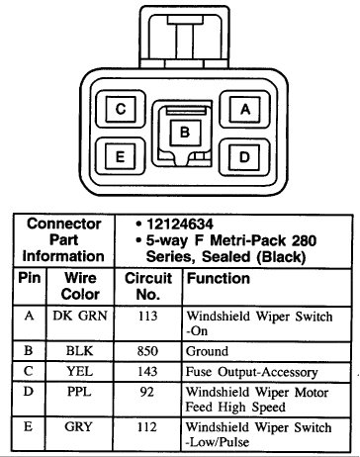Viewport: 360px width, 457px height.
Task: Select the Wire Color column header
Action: point(78,288)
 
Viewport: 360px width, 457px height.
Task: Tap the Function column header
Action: point(218,280)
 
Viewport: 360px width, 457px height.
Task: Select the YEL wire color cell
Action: point(78,372)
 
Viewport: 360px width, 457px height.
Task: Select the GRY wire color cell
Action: point(78,427)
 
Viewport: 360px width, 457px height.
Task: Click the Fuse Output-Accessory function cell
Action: point(251,372)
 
